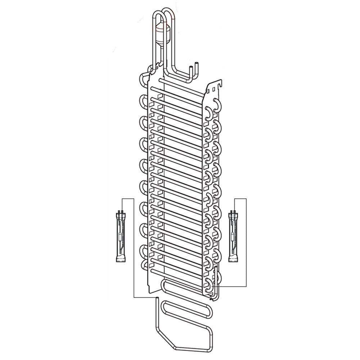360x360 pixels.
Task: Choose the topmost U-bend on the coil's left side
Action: click(x=143, y=78)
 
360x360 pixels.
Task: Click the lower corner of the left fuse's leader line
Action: click(x=134, y=297)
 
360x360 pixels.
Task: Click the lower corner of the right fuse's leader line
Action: click(x=246, y=286)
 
